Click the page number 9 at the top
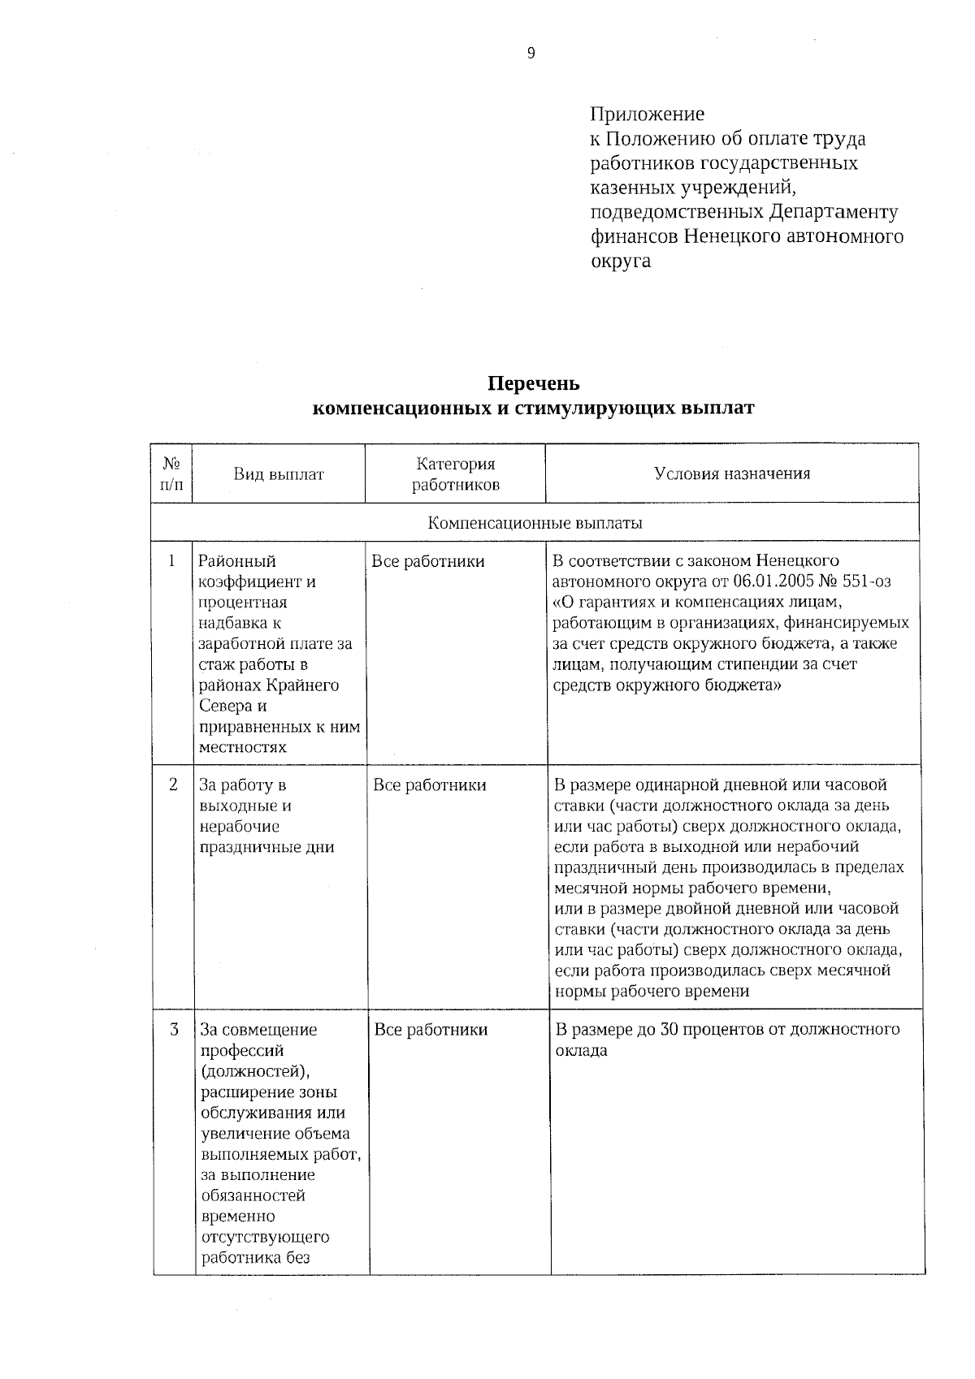click(531, 54)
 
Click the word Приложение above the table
click(647, 114)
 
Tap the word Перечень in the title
click(533, 383)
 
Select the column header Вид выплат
click(279, 474)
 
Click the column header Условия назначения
click(732, 473)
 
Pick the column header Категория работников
click(455, 474)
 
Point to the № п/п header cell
click(171, 474)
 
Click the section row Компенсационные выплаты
click(535, 523)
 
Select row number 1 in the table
click(171, 560)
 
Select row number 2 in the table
click(172, 785)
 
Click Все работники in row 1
click(427, 561)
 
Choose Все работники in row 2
click(429, 785)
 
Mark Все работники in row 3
click(431, 1030)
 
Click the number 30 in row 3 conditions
click(668, 1030)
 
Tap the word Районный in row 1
click(237, 561)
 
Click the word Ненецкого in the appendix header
click(728, 236)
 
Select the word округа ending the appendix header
click(620, 262)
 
